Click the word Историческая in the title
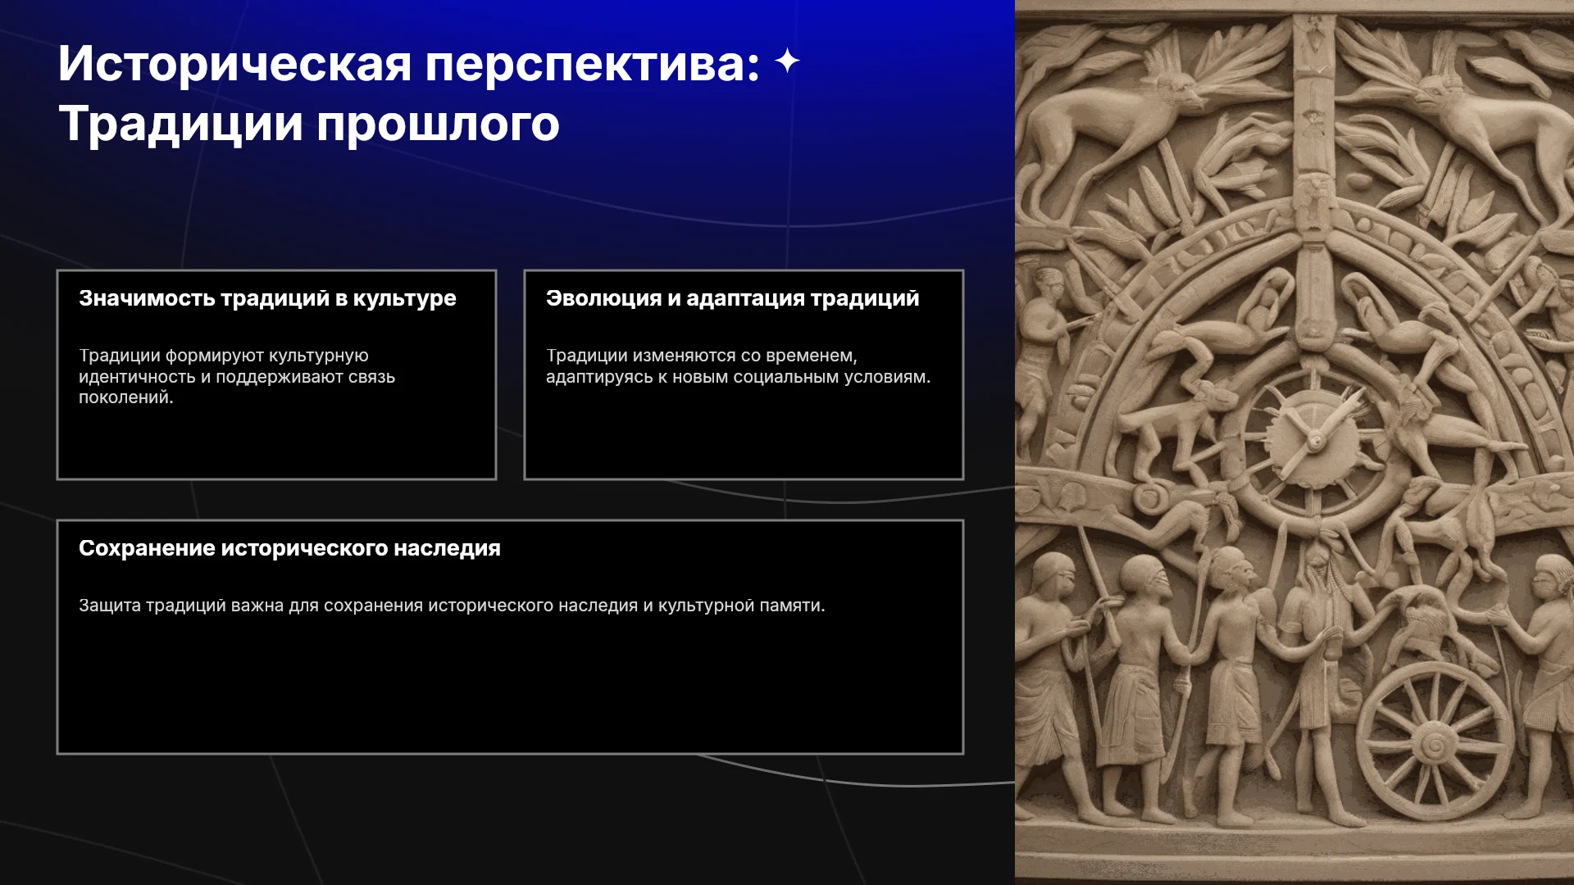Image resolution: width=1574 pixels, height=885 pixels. [x=234, y=63]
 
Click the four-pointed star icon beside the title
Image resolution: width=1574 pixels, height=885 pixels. [x=787, y=61]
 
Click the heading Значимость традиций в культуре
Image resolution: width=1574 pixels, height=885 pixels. [x=267, y=298]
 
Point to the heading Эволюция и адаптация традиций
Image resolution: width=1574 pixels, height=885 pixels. [x=733, y=298]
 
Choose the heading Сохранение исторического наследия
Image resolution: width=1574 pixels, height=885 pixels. [x=289, y=548]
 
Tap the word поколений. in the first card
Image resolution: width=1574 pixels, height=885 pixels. [x=126, y=397]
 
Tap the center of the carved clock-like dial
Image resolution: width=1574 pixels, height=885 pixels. [x=1315, y=441]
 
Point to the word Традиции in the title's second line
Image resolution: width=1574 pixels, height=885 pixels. [x=180, y=124]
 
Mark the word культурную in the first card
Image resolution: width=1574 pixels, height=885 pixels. [x=319, y=356]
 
